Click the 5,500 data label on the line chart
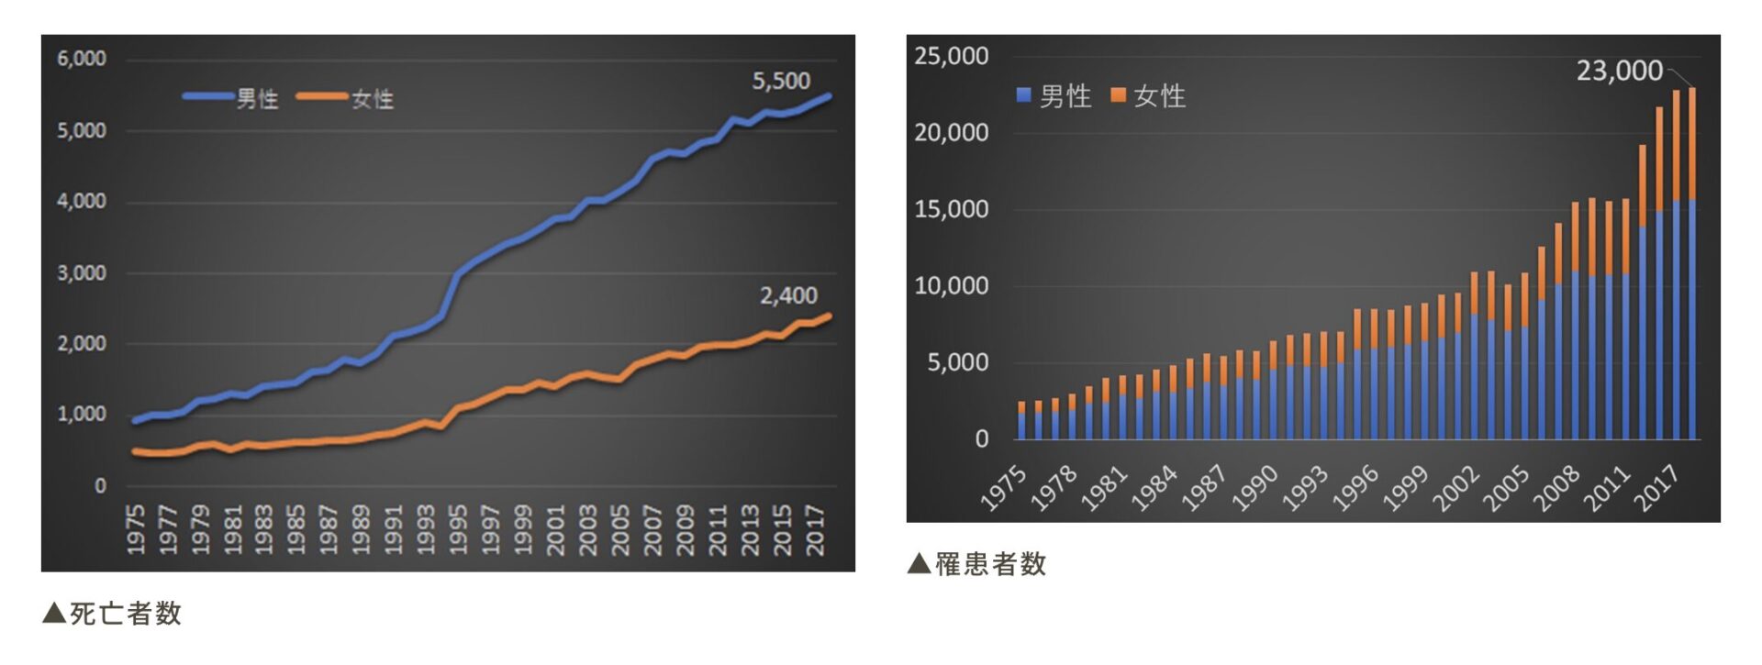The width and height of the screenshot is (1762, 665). pyautogui.click(x=781, y=82)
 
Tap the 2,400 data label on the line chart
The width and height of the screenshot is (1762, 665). pyautogui.click(x=787, y=296)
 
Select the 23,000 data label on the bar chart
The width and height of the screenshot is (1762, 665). pyautogui.click(x=1619, y=72)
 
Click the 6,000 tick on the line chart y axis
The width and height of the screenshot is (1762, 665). pyautogui.click(x=82, y=60)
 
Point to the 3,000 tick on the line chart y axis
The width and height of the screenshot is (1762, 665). pyautogui.click(x=82, y=273)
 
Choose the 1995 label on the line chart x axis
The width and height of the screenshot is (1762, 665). pyautogui.click(x=458, y=529)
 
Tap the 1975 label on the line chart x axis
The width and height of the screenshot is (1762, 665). pyautogui.click(x=136, y=529)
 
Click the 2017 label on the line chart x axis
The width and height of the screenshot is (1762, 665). pyautogui.click(x=814, y=529)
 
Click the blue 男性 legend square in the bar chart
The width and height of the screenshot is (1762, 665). pyautogui.click(x=1024, y=95)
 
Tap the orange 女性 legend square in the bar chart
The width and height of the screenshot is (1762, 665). pyautogui.click(x=1118, y=95)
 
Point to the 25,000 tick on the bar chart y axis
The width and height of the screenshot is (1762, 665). pyautogui.click(x=951, y=57)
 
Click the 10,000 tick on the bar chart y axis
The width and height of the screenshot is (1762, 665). pyautogui.click(x=951, y=286)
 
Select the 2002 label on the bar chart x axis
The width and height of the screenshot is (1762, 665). pyautogui.click(x=1456, y=488)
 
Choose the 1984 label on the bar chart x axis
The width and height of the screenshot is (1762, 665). pyautogui.click(x=1154, y=488)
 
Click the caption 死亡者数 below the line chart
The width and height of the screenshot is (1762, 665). pyautogui.click(x=125, y=614)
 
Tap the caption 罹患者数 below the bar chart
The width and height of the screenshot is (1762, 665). pyautogui.click(x=990, y=564)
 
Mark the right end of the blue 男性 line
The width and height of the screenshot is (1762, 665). pyautogui.click(x=829, y=95)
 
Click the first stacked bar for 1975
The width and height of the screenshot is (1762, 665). pyautogui.click(x=1021, y=421)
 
